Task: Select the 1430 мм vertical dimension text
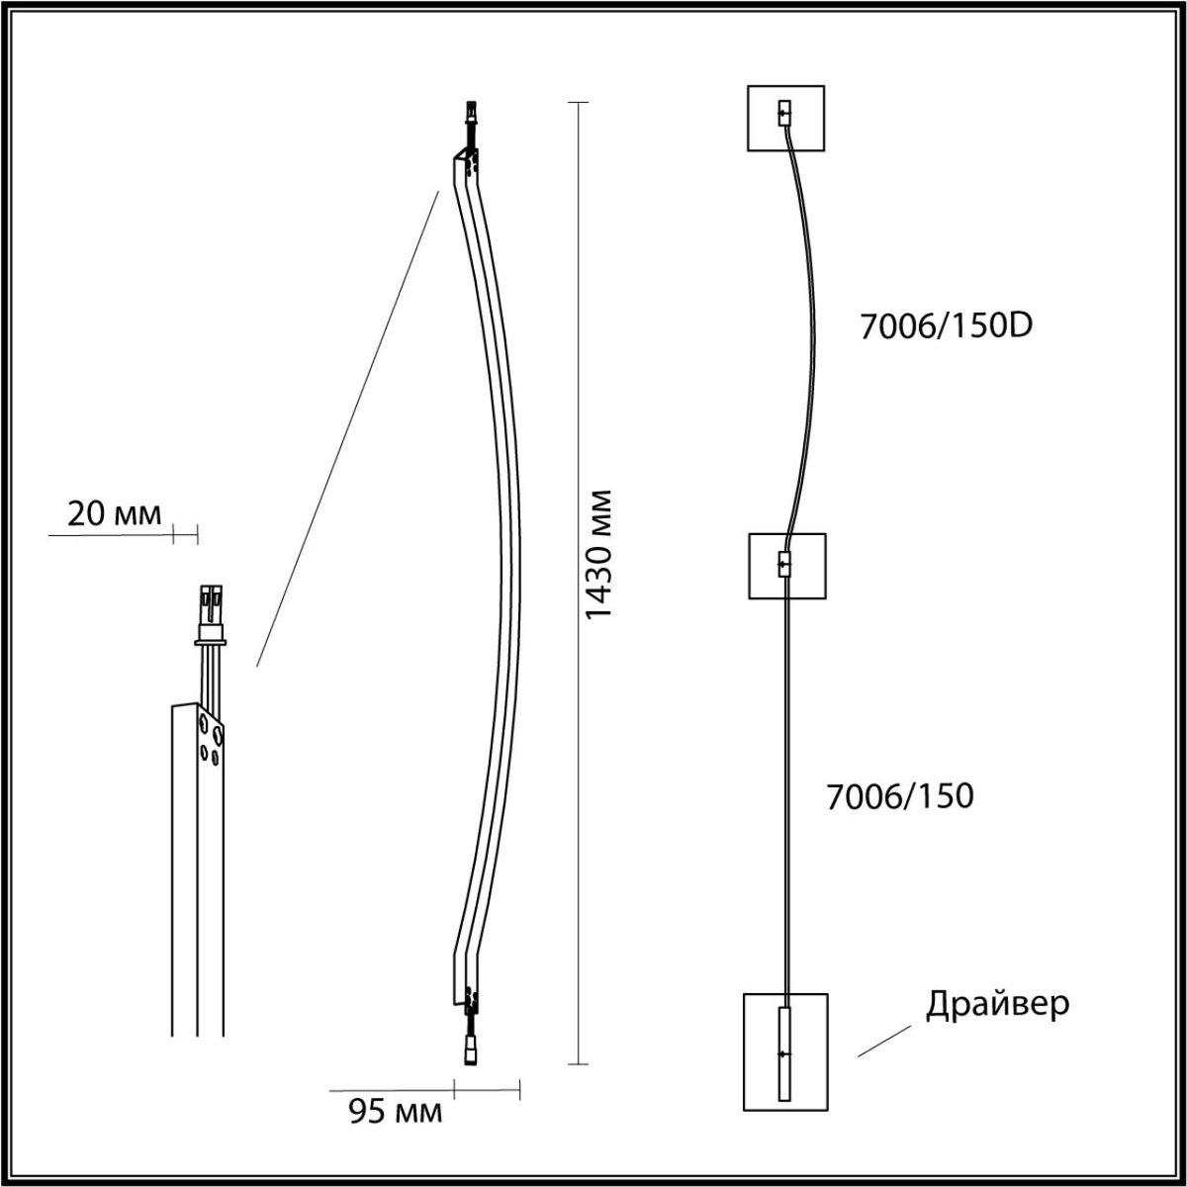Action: coord(598,554)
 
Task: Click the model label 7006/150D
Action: coord(947,326)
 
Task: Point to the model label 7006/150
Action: coord(900,796)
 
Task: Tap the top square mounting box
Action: coord(786,119)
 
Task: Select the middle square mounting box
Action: coord(787,566)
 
